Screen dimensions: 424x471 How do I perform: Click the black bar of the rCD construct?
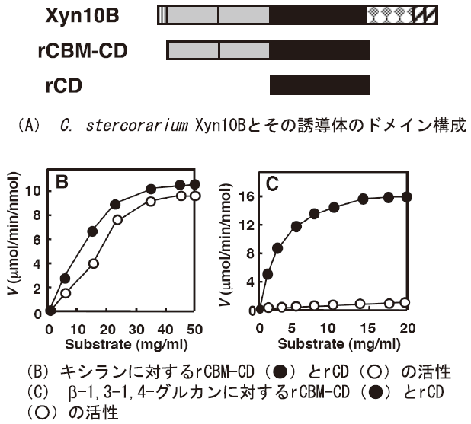pyautogui.click(x=320, y=84)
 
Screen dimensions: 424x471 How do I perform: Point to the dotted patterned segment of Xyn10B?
pyautogui.click(x=392, y=14)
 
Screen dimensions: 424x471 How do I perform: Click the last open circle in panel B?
pyautogui.click(x=195, y=196)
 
